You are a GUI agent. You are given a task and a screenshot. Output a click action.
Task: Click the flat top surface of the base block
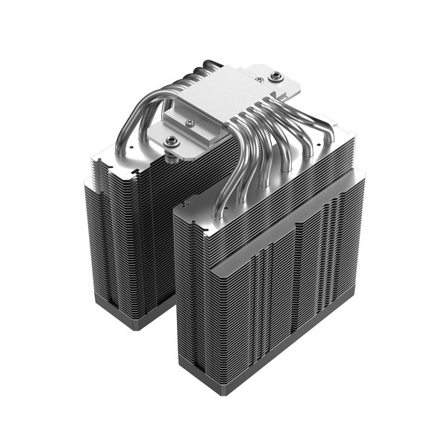[224, 93]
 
